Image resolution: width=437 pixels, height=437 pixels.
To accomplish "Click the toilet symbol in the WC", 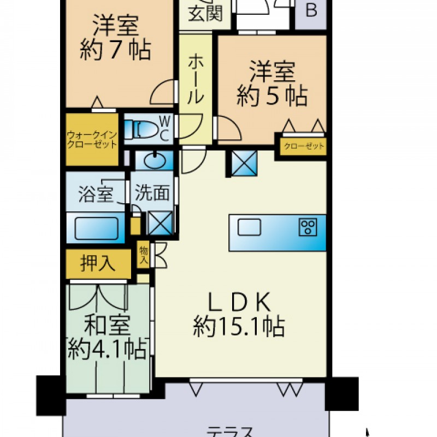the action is [140, 129].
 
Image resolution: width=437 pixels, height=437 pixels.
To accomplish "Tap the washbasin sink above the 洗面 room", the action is [155, 161].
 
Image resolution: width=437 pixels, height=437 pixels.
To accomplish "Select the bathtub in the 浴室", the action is [97, 228].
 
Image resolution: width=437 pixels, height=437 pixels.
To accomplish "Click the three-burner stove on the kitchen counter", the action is [308, 227].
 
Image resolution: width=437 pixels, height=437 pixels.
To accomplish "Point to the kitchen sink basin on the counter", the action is [249, 227].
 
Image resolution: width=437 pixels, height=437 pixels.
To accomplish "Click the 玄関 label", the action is [205, 14].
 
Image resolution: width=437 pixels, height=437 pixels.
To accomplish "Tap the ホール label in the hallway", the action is [195, 79].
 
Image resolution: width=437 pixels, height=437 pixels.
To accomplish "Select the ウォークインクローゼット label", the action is [92, 140].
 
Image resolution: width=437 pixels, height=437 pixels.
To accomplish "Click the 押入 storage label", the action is [98, 263].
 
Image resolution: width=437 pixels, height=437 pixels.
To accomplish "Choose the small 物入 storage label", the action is [144, 255].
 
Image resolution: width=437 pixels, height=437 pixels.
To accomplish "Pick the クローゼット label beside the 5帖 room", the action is [304, 146].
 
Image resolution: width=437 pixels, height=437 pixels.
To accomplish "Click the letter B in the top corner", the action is [311, 10].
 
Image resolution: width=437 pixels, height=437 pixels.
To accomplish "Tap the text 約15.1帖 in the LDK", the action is [239, 326].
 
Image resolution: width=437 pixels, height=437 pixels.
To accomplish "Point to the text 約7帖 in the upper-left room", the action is [115, 50].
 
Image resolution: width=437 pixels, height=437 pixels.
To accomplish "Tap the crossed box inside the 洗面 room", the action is [160, 223].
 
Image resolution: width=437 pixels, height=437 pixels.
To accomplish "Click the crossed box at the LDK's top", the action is [244, 163].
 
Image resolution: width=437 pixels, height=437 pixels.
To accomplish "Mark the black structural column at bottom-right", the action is [342, 393].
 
